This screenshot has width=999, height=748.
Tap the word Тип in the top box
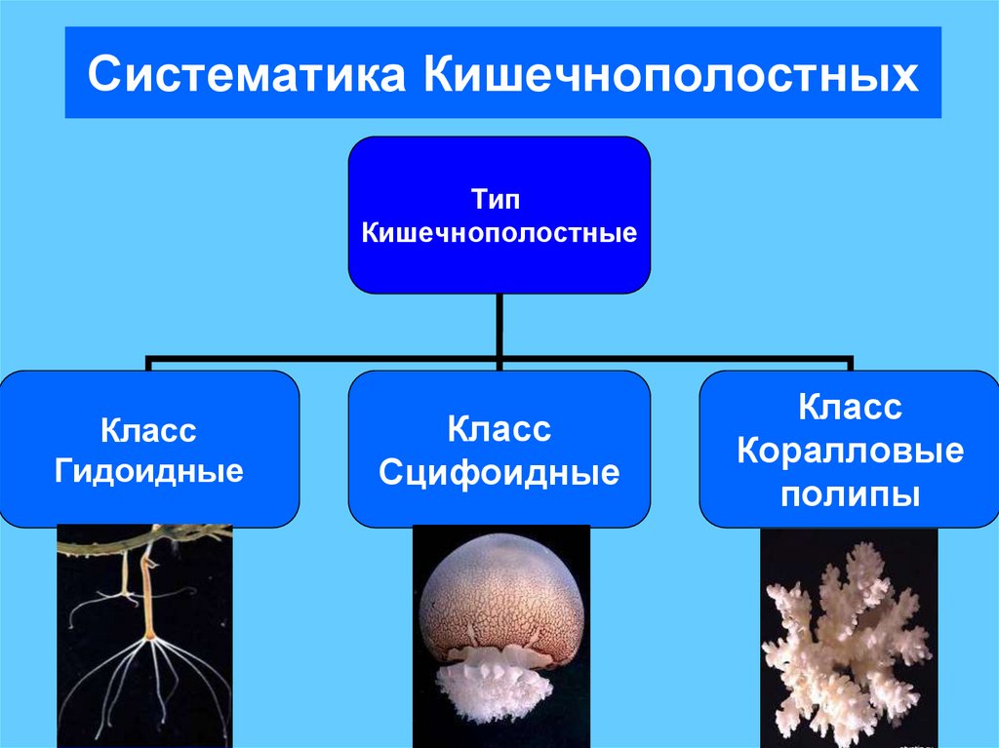point(499,200)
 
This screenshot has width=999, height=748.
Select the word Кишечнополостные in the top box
point(499,233)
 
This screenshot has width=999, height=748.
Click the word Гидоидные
point(148,473)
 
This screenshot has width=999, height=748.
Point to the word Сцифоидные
point(499,473)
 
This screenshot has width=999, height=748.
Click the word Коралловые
point(850,452)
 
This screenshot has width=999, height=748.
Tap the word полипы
point(850,494)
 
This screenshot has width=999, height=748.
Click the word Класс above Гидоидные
point(148,430)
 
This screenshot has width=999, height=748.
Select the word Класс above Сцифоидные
point(499,428)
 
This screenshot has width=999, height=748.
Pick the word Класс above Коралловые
point(850,408)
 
